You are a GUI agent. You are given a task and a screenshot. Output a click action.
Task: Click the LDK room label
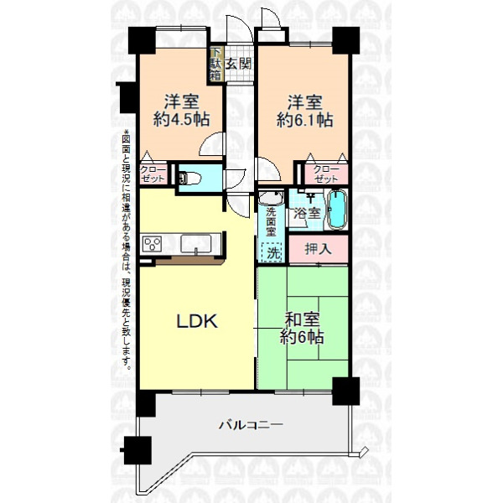coord(197,321)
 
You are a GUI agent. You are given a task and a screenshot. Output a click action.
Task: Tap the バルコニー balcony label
coord(251,425)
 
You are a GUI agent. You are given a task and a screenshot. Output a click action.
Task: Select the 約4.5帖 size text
coord(181,120)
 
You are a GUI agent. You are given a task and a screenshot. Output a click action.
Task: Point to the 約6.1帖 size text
coord(304,120)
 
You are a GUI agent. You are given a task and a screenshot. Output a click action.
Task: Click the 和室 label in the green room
coord(302,319)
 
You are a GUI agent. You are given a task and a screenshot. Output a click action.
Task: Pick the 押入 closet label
coord(318,249)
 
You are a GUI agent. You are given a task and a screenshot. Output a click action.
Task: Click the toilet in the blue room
coord(189,179)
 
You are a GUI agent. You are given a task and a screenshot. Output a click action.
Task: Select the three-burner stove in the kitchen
coord(152,245)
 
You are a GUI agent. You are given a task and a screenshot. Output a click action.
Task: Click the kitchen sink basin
coord(195,243)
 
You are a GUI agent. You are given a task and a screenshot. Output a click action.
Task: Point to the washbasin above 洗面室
coord(271,197)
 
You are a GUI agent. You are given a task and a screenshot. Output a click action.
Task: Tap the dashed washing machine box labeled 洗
coord(272,252)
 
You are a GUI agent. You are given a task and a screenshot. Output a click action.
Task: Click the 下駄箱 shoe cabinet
coord(215,65)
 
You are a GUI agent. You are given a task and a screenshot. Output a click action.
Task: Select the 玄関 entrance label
coord(238,65)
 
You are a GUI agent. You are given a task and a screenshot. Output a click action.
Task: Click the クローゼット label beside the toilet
coord(153,174)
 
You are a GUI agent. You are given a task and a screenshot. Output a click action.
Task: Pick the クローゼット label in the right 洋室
coord(326,174)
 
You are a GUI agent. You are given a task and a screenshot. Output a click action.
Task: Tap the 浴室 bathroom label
coord(308,213)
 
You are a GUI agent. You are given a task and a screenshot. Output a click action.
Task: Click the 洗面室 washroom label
coord(271,222)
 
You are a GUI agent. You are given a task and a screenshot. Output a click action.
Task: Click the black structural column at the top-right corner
coord(345,40)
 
